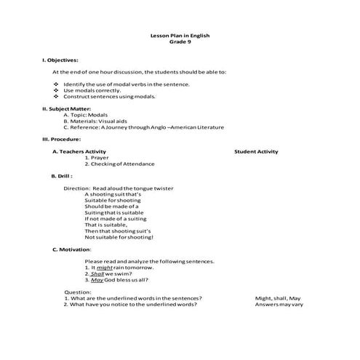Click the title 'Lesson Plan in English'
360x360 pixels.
pyautogui.click(x=180, y=36)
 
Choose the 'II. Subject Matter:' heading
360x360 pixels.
pyautogui.click(x=65, y=109)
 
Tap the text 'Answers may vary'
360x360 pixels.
pyautogui.click(x=279, y=305)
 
